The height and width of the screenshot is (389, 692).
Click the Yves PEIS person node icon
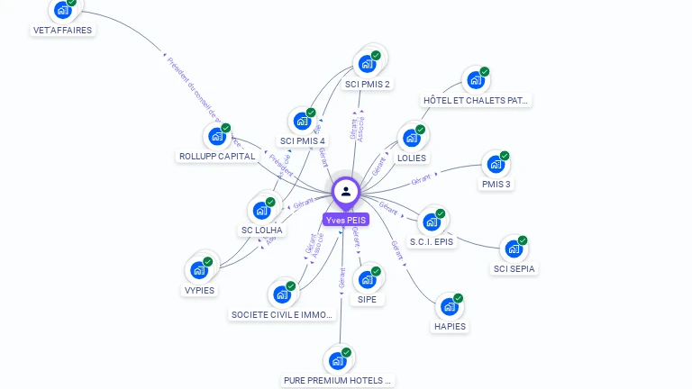(346, 191)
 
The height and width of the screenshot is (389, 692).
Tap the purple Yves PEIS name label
(346, 220)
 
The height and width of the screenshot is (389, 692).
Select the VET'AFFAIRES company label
(62, 30)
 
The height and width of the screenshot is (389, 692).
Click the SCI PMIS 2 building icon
(367, 64)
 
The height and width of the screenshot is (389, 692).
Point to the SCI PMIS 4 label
(303, 140)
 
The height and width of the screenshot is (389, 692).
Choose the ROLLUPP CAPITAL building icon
(216, 136)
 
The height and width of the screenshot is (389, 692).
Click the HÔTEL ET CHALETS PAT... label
(477, 100)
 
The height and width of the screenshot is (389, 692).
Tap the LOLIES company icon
(412, 139)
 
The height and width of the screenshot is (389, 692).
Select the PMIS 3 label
(496, 184)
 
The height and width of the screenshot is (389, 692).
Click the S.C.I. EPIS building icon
(432, 222)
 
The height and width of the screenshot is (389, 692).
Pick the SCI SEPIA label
(514, 268)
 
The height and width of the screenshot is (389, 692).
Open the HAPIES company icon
(449, 306)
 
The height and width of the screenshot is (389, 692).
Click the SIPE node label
(367, 299)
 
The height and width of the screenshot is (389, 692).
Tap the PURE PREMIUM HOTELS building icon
(338, 361)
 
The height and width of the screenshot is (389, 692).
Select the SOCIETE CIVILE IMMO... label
(283, 314)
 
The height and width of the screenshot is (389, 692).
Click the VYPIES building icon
(198, 270)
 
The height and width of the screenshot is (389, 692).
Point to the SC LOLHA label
(262, 230)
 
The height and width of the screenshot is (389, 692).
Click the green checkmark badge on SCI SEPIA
(523, 241)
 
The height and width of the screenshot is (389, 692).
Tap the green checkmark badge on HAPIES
(458, 298)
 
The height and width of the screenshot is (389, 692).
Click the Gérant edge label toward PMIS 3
(422, 180)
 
